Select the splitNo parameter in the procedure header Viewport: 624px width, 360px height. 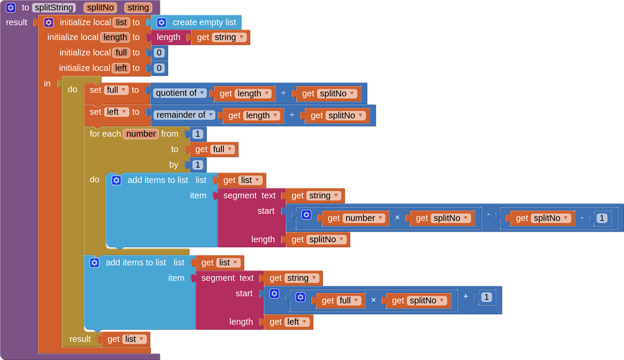point(101,8)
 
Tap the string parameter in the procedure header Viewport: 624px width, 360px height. point(138,8)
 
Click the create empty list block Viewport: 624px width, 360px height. point(204,22)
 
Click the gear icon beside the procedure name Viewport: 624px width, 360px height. point(11,8)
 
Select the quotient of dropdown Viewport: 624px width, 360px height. point(180,93)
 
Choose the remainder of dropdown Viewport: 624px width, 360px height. point(184,115)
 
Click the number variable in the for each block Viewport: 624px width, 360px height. point(141,134)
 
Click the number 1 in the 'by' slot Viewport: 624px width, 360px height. point(197,165)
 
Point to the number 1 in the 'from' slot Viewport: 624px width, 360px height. point(197,134)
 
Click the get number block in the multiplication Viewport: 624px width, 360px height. point(355,218)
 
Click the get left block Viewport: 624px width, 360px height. point(288,322)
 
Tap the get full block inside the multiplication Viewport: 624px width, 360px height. point(340,300)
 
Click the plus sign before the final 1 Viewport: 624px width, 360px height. point(465,296)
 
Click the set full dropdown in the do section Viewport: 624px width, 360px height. point(116,90)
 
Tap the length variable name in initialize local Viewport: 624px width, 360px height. point(115,37)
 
